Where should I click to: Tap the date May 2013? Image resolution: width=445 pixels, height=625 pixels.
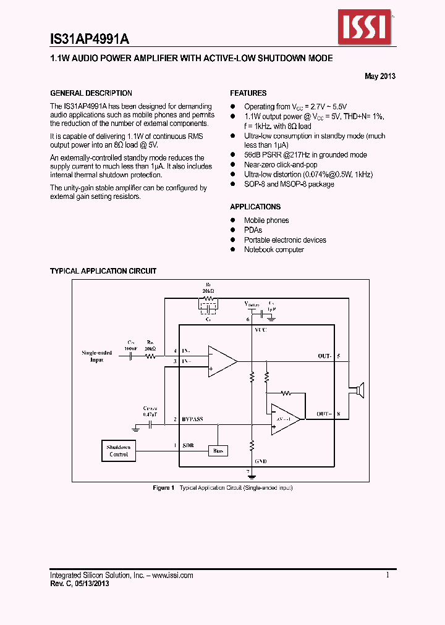coord(380,77)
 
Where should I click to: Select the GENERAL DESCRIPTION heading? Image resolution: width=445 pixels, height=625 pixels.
coord(91,93)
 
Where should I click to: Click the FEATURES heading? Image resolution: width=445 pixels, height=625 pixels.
coord(248,93)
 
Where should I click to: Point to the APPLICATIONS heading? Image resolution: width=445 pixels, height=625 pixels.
coord(255,207)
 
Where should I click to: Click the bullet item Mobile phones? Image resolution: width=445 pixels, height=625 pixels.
coord(266,220)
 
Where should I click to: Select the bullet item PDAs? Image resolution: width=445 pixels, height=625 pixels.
coord(253,230)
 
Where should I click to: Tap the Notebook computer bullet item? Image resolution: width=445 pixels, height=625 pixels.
coord(274,250)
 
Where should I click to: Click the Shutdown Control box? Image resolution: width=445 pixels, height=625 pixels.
coord(119,451)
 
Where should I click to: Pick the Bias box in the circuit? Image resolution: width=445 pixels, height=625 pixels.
coord(218,451)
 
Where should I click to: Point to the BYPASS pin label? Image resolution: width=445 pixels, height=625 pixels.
coord(192,419)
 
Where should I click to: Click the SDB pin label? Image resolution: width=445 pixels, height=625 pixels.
coord(187,445)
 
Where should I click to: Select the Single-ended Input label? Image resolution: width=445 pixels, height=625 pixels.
coord(97,356)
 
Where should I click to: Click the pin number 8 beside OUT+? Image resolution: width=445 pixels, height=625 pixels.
coord(339,414)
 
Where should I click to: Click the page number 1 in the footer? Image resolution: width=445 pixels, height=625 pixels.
coord(388,575)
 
